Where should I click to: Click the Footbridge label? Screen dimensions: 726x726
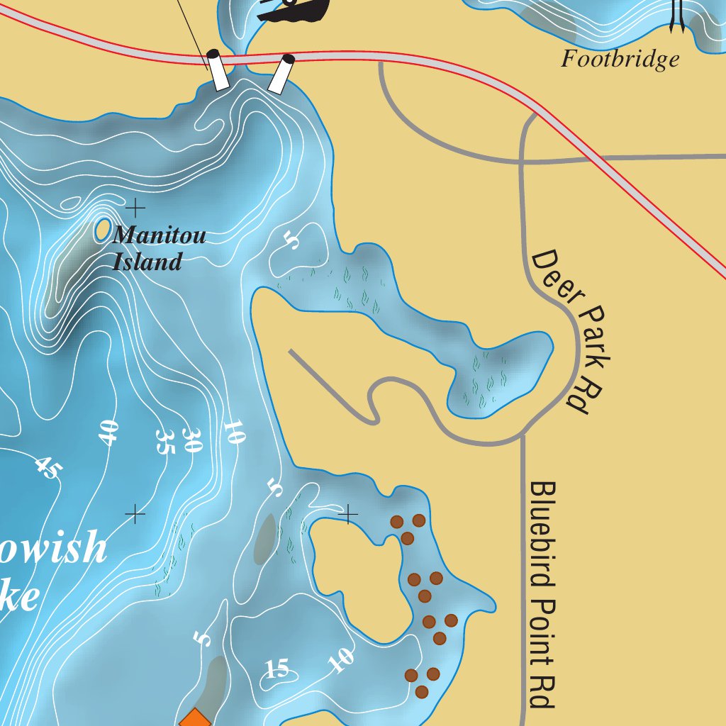pyautogui.click(x=620, y=59)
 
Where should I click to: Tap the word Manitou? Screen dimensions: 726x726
pyautogui.click(x=159, y=235)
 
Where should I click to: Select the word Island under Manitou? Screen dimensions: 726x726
pyautogui.click(x=147, y=262)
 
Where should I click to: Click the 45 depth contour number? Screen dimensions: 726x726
pyautogui.click(x=47, y=467)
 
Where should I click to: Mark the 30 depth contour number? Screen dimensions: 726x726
pyautogui.click(x=193, y=440)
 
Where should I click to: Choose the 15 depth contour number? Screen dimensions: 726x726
pyautogui.click(x=278, y=669)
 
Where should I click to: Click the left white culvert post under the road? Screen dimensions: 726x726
pyautogui.click(x=218, y=70)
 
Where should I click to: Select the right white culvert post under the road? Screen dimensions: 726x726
pyautogui.click(x=281, y=74)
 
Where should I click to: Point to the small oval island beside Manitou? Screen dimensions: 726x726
pyautogui.click(x=102, y=230)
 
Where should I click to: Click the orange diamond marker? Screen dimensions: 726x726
pyautogui.click(x=194, y=719)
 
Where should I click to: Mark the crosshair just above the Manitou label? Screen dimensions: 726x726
pyautogui.click(x=135, y=208)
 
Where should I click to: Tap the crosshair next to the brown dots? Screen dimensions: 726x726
pyautogui.click(x=348, y=514)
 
